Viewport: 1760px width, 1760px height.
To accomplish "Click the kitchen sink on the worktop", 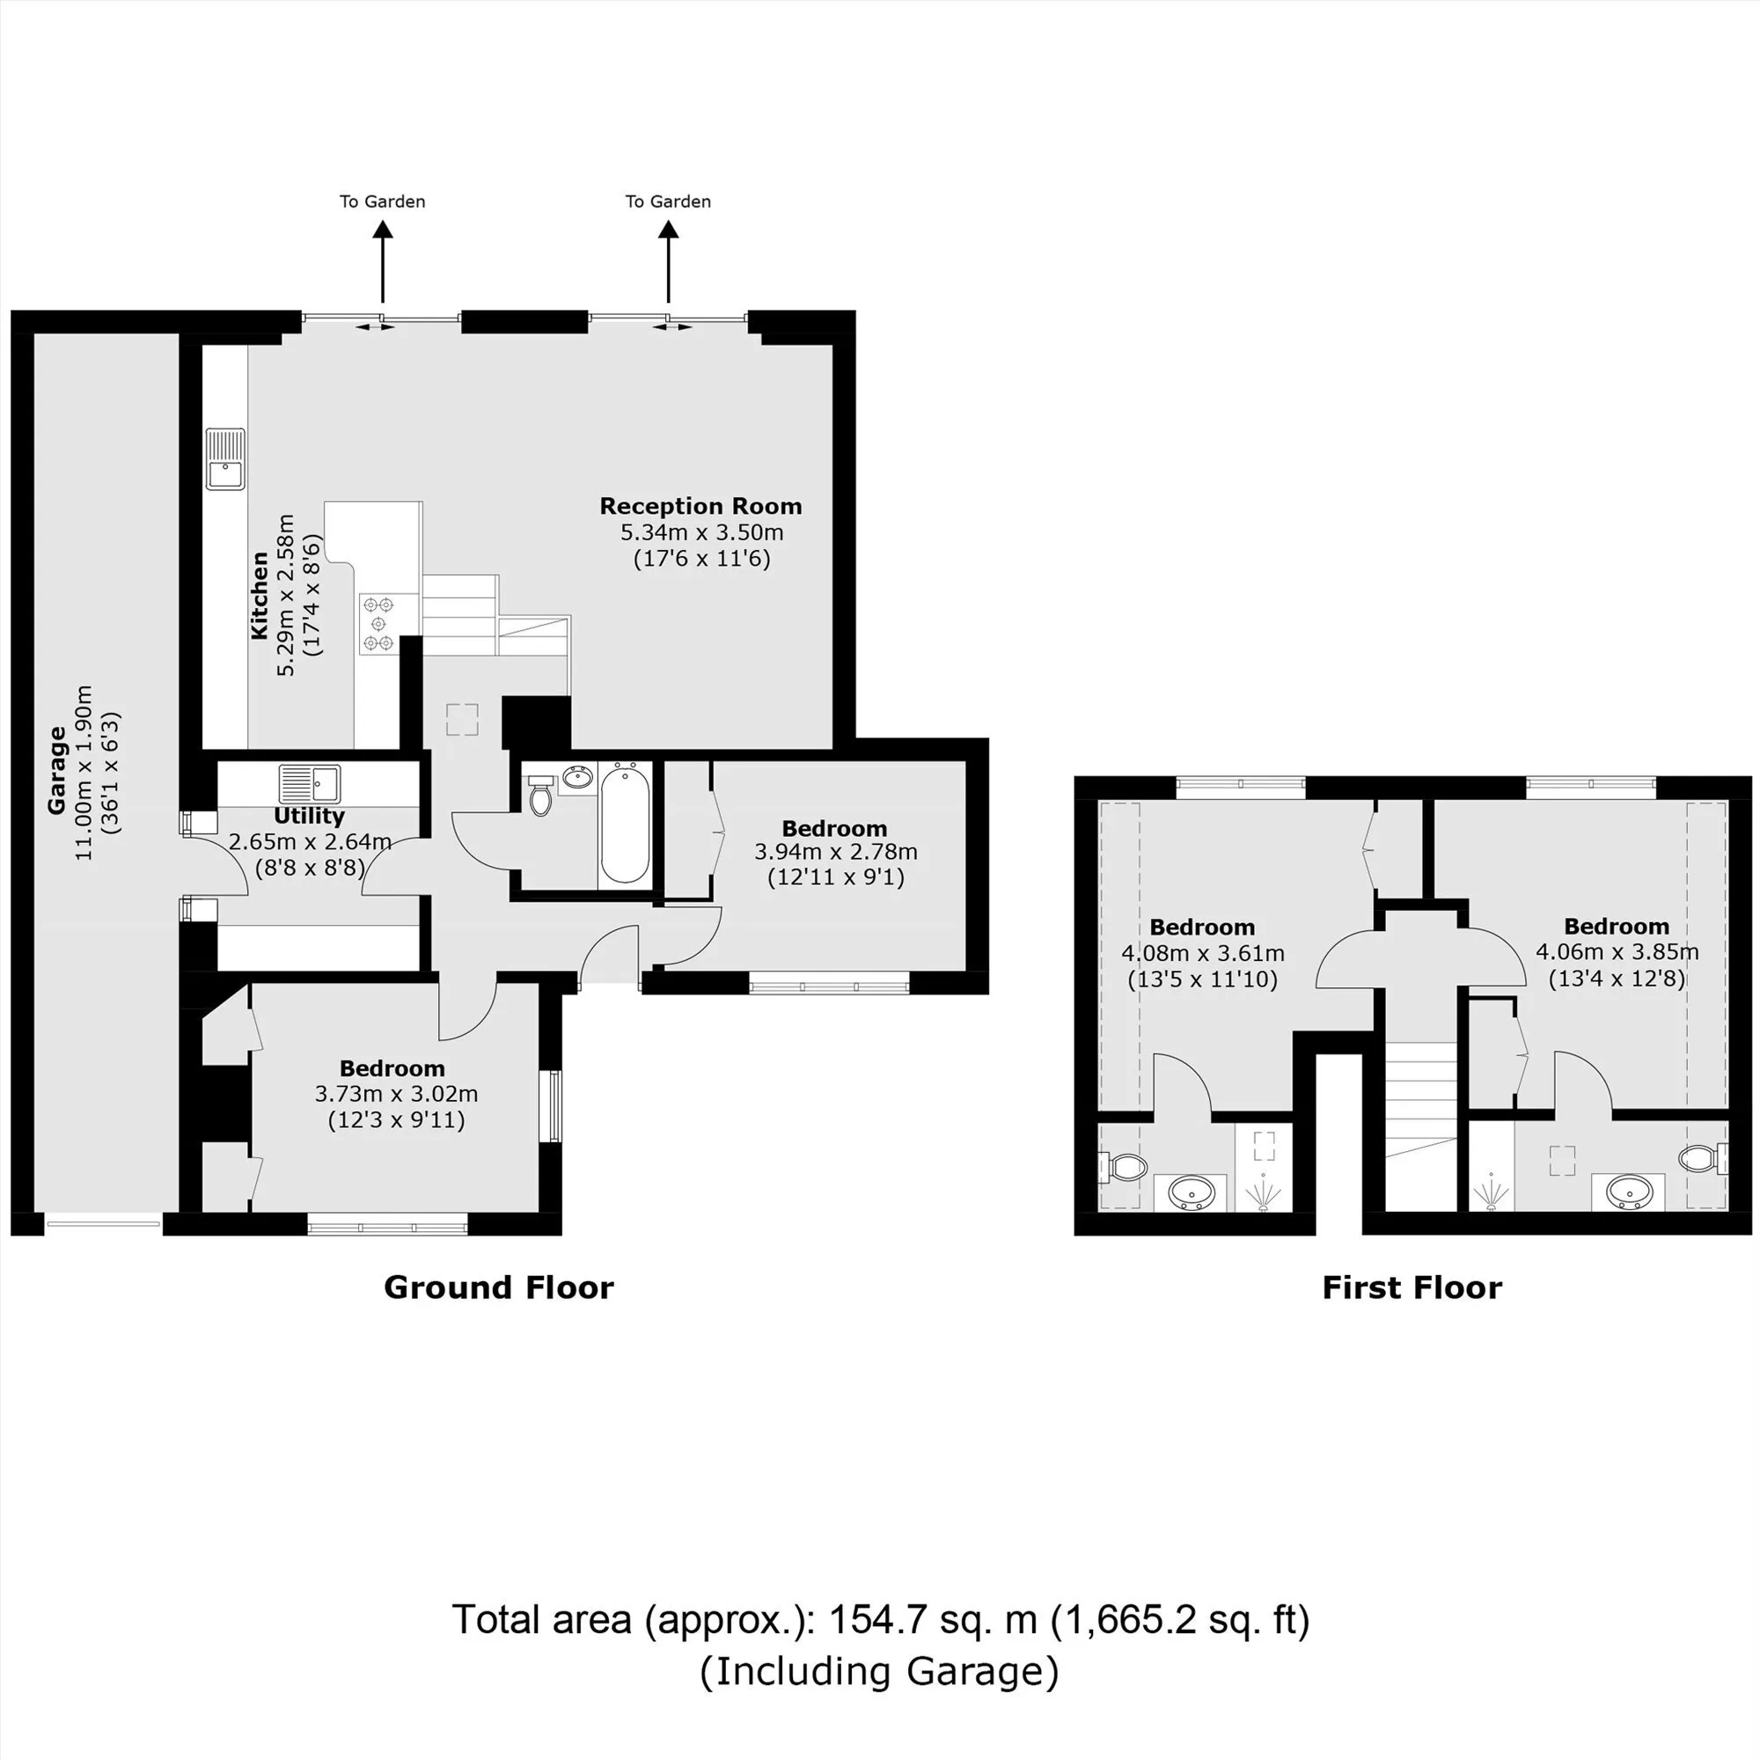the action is pyautogui.click(x=226, y=458).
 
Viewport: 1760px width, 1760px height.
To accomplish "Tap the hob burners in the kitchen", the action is pyautogui.click(x=379, y=623).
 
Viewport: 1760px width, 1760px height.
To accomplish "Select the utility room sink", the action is pyautogui.click(x=310, y=782).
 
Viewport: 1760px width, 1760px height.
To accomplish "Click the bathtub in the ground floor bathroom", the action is pyautogui.click(x=625, y=824).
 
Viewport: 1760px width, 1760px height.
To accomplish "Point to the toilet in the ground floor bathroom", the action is pyautogui.click(x=540, y=796).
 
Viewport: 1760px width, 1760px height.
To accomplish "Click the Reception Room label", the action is pyautogui.click(x=700, y=507).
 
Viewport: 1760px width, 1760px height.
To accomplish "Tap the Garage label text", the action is pyautogui.click(x=56, y=770).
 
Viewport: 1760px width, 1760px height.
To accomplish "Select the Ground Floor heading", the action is pyautogui.click(x=498, y=1287).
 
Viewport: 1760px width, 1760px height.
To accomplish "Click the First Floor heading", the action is pyautogui.click(x=1412, y=1287).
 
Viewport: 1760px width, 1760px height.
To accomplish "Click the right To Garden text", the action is pyautogui.click(x=668, y=202).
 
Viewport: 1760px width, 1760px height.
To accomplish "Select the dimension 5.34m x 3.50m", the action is pyautogui.click(x=701, y=532).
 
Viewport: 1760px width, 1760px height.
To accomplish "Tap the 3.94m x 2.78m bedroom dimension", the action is pyautogui.click(x=835, y=852).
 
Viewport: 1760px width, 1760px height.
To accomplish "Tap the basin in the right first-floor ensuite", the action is pyautogui.click(x=1628, y=1191).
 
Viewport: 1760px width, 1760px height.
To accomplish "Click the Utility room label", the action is pyautogui.click(x=310, y=817).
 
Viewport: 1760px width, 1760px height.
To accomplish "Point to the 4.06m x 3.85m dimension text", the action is pyautogui.click(x=1617, y=952).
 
